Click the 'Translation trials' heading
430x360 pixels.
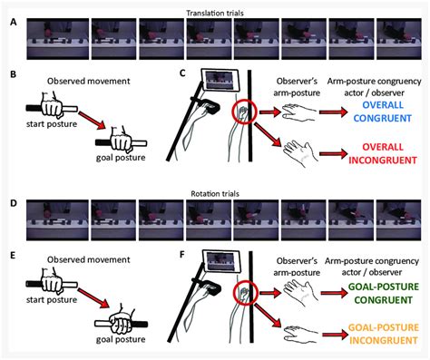click(x=214, y=7)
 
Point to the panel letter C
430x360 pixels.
click(x=183, y=72)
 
